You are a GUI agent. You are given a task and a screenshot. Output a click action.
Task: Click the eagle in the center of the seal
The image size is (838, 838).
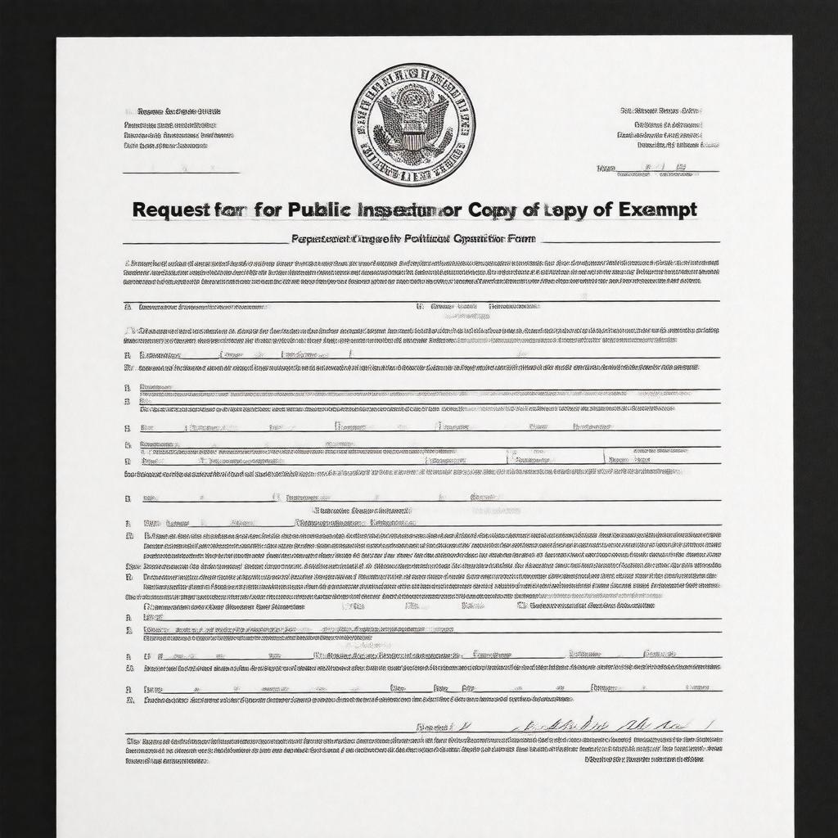click(413, 119)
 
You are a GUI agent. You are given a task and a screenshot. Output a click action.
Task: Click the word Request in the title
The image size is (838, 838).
click(165, 209)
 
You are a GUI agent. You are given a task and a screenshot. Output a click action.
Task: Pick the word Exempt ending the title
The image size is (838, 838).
click(658, 209)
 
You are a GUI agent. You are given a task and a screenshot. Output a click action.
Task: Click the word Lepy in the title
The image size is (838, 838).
click(568, 209)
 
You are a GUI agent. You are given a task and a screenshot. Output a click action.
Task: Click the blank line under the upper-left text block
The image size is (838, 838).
click(181, 173)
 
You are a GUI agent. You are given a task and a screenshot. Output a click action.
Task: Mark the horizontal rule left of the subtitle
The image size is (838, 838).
click(205, 243)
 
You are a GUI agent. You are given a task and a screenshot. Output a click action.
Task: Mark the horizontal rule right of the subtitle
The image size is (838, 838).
click(630, 242)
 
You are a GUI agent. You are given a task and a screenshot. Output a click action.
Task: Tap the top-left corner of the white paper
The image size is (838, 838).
click(56, 38)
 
